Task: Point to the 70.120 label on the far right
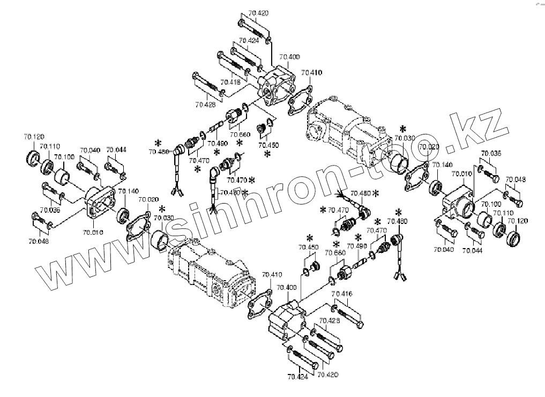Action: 517,221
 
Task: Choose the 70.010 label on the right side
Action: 461,174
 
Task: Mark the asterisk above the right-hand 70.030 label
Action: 402,129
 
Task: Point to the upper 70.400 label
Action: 290,56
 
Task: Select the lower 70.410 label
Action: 272,275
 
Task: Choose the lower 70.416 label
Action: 341,294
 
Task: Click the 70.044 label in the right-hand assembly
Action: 472,250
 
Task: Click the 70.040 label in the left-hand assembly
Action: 90,151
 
